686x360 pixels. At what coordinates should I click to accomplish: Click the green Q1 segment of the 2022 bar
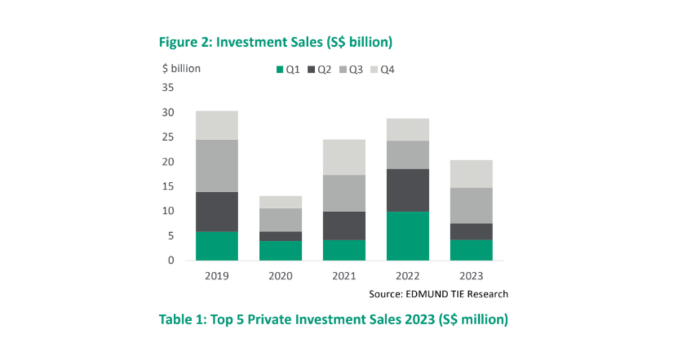pos(408,236)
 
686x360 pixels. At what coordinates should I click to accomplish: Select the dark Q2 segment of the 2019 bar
pos(217,211)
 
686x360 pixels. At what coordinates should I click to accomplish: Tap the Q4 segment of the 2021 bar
pos(344,157)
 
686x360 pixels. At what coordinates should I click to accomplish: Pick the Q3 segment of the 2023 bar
pos(471,205)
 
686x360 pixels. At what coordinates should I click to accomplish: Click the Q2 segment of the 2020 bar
pos(280,236)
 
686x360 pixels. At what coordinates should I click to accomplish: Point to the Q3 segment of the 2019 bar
pos(217,166)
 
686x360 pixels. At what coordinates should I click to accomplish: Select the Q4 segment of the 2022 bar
pos(408,130)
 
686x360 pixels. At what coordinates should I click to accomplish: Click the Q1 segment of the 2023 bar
pos(471,250)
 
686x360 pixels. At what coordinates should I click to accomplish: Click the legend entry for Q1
pos(288,70)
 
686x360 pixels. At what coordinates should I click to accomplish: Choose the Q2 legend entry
pos(320,70)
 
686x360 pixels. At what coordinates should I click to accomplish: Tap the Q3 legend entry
pos(351,70)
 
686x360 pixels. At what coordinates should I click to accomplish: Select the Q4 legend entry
pos(382,70)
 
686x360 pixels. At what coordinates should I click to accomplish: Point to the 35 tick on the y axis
pos(169,88)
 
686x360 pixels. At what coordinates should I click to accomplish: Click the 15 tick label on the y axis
pos(169,187)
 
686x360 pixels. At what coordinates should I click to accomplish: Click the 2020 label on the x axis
pos(280,276)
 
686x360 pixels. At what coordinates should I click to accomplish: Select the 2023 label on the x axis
pos(471,276)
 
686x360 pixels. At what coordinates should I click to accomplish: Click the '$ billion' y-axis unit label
pos(182,69)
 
